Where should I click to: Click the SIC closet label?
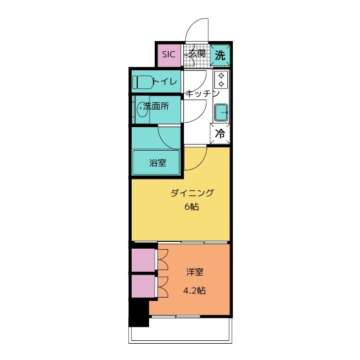(x=169, y=55)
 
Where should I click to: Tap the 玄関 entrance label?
(x=196, y=54)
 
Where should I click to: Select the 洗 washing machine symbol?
(x=220, y=55)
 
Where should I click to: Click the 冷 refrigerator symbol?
(x=220, y=134)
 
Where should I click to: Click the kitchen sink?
(x=222, y=112)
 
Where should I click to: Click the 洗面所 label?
(x=155, y=106)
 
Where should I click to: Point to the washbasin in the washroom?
(x=142, y=110)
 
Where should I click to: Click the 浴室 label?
(x=157, y=163)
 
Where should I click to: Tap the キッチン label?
(x=201, y=94)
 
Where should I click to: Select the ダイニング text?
(x=192, y=193)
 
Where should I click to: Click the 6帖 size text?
(x=192, y=206)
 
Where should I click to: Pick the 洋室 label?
(x=195, y=273)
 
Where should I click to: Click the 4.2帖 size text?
(x=194, y=291)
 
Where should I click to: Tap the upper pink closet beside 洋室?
(x=143, y=260)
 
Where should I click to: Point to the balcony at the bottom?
(x=180, y=335)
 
